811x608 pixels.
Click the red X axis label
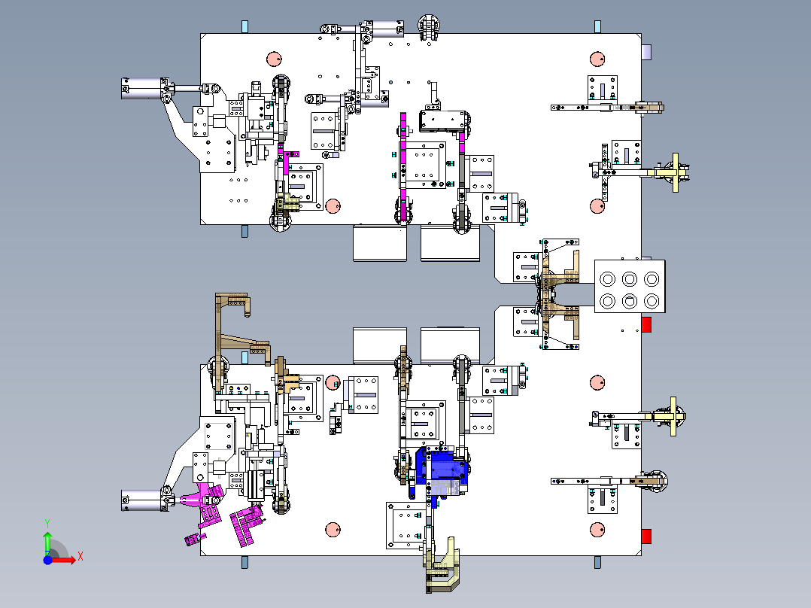[80, 557]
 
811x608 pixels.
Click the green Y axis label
[47, 523]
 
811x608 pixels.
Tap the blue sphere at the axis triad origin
[47, 560]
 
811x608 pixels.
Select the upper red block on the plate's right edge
[646, 324]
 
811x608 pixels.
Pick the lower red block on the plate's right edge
[646, 536]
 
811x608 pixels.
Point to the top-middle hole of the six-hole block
[630, 279]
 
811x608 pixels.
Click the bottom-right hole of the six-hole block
[652, 301]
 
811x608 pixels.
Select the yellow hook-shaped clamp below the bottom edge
[442, 566]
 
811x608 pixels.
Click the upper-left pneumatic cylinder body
[141, 89]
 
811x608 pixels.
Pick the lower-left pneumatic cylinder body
[141, 500]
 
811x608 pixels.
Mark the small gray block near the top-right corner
[646, 52]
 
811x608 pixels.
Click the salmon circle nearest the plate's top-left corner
[274, 59]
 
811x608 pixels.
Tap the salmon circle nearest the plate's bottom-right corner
[597, 530]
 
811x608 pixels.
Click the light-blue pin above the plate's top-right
[597, 26]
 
